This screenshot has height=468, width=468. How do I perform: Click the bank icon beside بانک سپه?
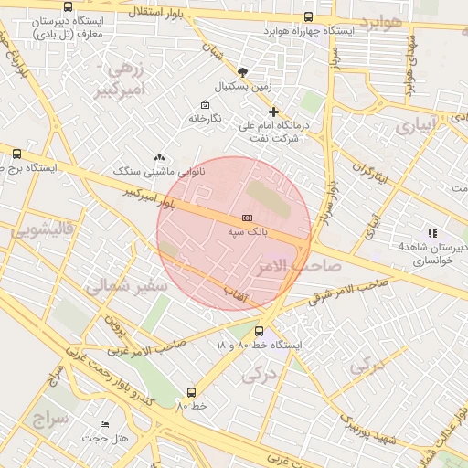coord(247,218)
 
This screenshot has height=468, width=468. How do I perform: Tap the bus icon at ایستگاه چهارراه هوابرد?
coord(307,16)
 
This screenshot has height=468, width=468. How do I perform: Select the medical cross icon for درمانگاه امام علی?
coord(273,112)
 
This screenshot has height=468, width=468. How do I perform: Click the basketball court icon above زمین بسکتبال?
coord(242,71)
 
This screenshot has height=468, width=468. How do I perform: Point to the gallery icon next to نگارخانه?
coord(204,104)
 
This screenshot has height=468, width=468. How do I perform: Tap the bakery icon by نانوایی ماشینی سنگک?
coord(160,157)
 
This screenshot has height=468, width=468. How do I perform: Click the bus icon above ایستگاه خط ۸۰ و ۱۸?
coord(260,331)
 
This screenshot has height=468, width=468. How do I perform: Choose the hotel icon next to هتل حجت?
coord(104,424)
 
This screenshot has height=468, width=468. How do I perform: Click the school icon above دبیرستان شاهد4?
coord(432,233)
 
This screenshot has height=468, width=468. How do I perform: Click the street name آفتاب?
coord(238,292)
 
